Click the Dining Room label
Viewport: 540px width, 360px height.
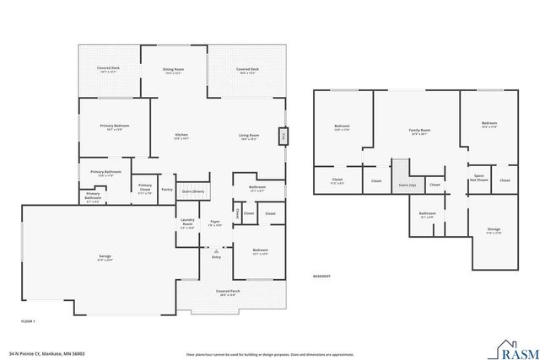[x=173, y=70]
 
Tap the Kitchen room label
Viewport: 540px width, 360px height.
[x=181, y=135]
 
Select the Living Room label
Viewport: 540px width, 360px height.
[x=248, y=135]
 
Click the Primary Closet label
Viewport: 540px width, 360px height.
[x=145, y=186]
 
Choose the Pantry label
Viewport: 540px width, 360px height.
[x=166, y=190]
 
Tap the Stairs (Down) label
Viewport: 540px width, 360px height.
[x=193, y=192]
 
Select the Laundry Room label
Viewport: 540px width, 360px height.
[x=187, y=224]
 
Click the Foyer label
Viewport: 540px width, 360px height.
[x=215, y=223]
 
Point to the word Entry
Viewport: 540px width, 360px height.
[x=216, y=256]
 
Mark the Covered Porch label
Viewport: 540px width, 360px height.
[x=229, y=293]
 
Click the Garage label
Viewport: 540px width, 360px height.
[x=105, y=256]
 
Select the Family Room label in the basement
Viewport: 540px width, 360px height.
[x=419, y=132]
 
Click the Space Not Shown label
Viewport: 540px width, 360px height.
[x=478, y=178]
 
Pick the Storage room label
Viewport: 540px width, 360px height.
[x=494, y=230]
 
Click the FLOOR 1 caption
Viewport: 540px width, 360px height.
[x=28, y=321]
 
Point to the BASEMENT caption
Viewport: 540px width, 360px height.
[x=321, y=277]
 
